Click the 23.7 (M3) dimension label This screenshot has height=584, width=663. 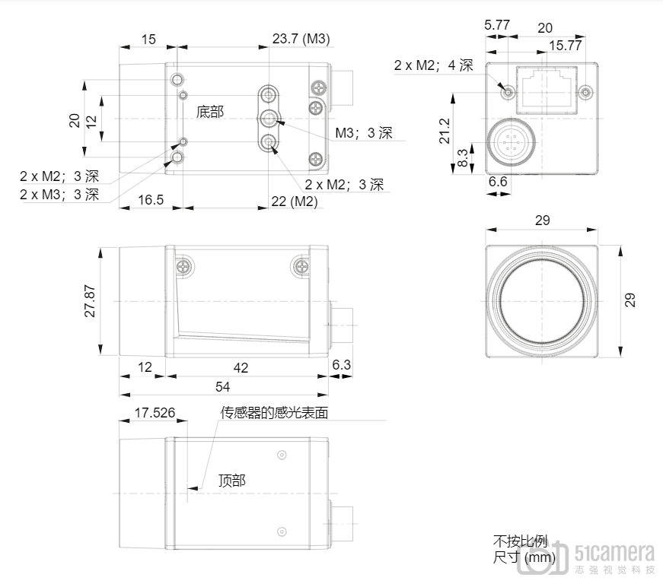point(301,39)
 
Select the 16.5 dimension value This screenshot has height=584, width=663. point(151,199)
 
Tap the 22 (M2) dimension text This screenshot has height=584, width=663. point(295,201)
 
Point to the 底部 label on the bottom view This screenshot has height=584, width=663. point(210,112)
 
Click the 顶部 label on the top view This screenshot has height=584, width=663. point(231,481)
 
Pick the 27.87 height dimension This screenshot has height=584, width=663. point(90,300)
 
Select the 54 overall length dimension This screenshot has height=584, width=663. point(223,386)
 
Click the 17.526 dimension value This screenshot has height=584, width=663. point(155,413)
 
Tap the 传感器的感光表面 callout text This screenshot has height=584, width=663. point(274,413)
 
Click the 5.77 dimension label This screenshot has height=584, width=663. point(497,25)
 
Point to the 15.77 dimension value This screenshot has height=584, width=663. point(566,45)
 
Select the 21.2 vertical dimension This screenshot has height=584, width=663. point(445,131)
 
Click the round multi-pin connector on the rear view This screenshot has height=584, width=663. point(510,143)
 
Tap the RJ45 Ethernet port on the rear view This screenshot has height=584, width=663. point(547,90)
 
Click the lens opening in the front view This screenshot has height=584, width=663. point(542,301)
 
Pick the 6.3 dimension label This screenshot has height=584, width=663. point(341,364)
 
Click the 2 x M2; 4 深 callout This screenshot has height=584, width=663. point(433,65)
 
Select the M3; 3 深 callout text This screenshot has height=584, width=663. point(364,132)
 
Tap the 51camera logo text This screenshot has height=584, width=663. point(614,553)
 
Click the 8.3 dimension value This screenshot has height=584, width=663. point(463,157)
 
